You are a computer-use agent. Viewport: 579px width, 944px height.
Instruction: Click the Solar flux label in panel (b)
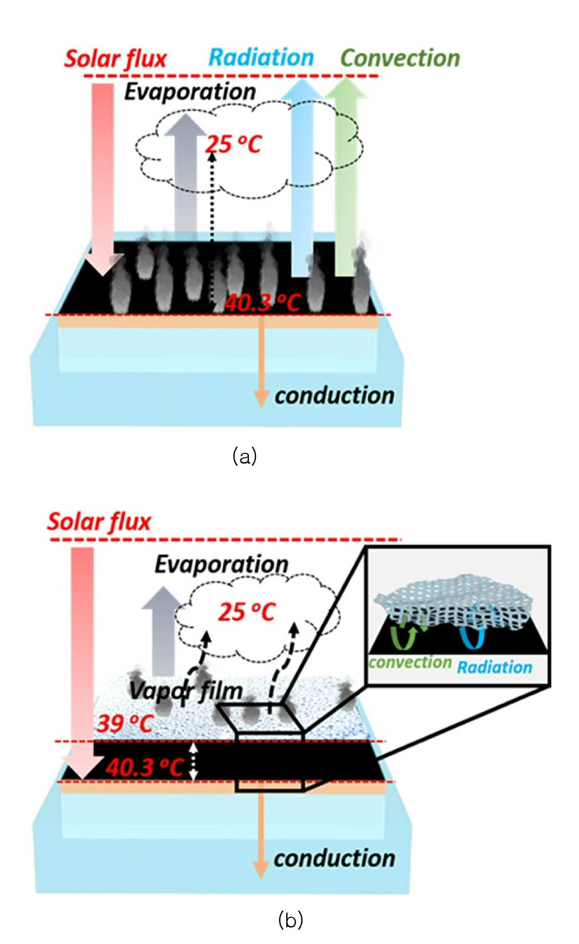[99, 522]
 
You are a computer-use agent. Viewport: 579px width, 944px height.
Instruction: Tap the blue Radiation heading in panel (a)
[261, 57]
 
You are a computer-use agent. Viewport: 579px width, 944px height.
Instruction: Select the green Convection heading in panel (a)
[400, 58]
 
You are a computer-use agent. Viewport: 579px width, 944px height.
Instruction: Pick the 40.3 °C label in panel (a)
[263, 303]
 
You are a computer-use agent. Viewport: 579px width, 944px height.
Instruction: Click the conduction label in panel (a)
[335, 396]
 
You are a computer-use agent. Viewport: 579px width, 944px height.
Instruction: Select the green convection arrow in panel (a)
[346, 176]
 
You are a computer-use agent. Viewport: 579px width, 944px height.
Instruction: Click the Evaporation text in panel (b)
[221, 565]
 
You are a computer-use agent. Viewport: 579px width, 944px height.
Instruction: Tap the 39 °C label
[125, 723]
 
